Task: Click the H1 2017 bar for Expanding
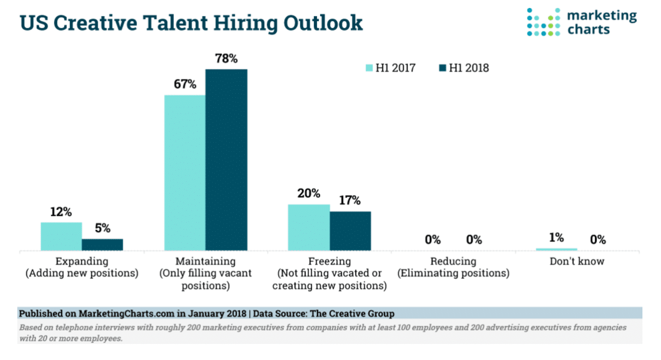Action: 61,236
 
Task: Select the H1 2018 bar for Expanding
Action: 102,244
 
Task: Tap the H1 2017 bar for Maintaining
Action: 185,172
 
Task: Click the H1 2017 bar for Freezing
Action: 308,227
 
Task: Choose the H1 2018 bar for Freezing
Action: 350,231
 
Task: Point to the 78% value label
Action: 226,58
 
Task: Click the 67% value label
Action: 185,84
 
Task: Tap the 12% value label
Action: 61,212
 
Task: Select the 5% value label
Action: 102,228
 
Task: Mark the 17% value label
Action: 350,201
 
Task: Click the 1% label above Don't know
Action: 556,238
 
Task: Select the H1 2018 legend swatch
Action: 441,68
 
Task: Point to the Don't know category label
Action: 577,261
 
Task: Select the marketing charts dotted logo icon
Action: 543,22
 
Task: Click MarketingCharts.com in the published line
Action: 126,313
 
